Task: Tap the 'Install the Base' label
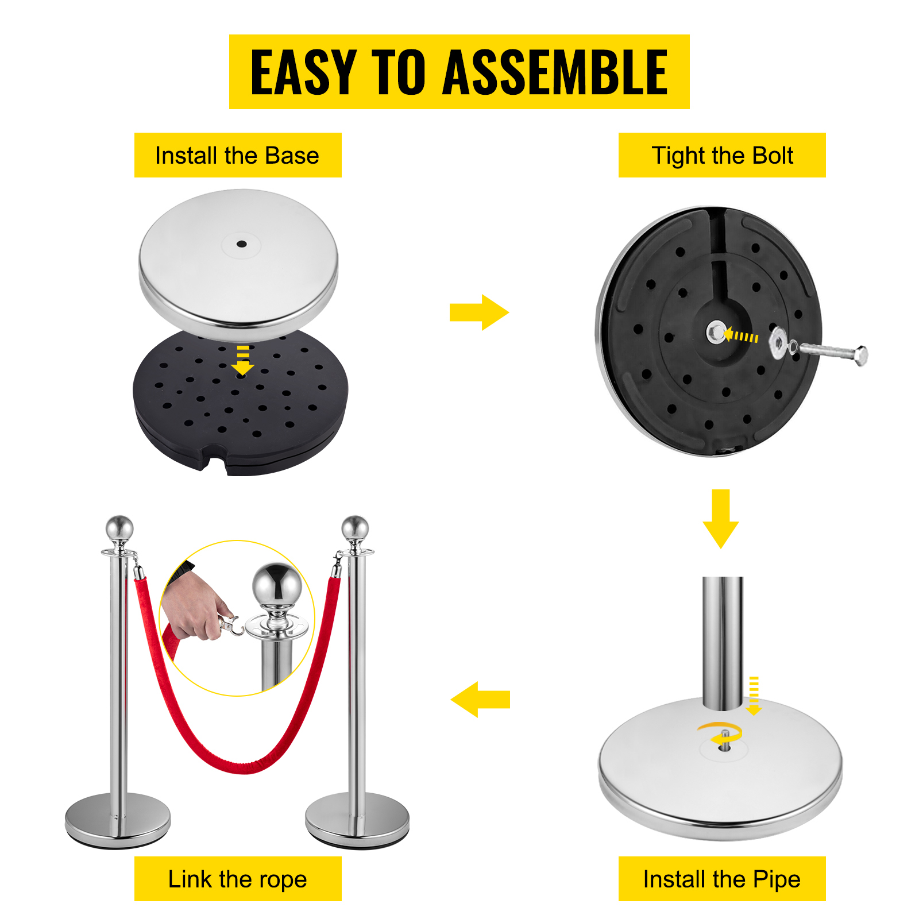(x=237, y=156)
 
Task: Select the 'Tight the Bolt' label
(x=722, y=156)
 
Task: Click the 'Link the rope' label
(x=237, y=879)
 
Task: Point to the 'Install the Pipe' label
(x=722, y=879)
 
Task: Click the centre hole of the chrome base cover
(x=242, y=244)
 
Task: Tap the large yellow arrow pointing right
(x=479, y=312)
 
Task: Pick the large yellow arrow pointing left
(x=480, y=699)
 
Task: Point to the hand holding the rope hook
(x=192, y=609)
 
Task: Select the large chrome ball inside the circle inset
(x=277, y=585)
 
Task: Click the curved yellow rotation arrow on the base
(x=718, y=732)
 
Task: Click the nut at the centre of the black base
(x=716, y=333)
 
